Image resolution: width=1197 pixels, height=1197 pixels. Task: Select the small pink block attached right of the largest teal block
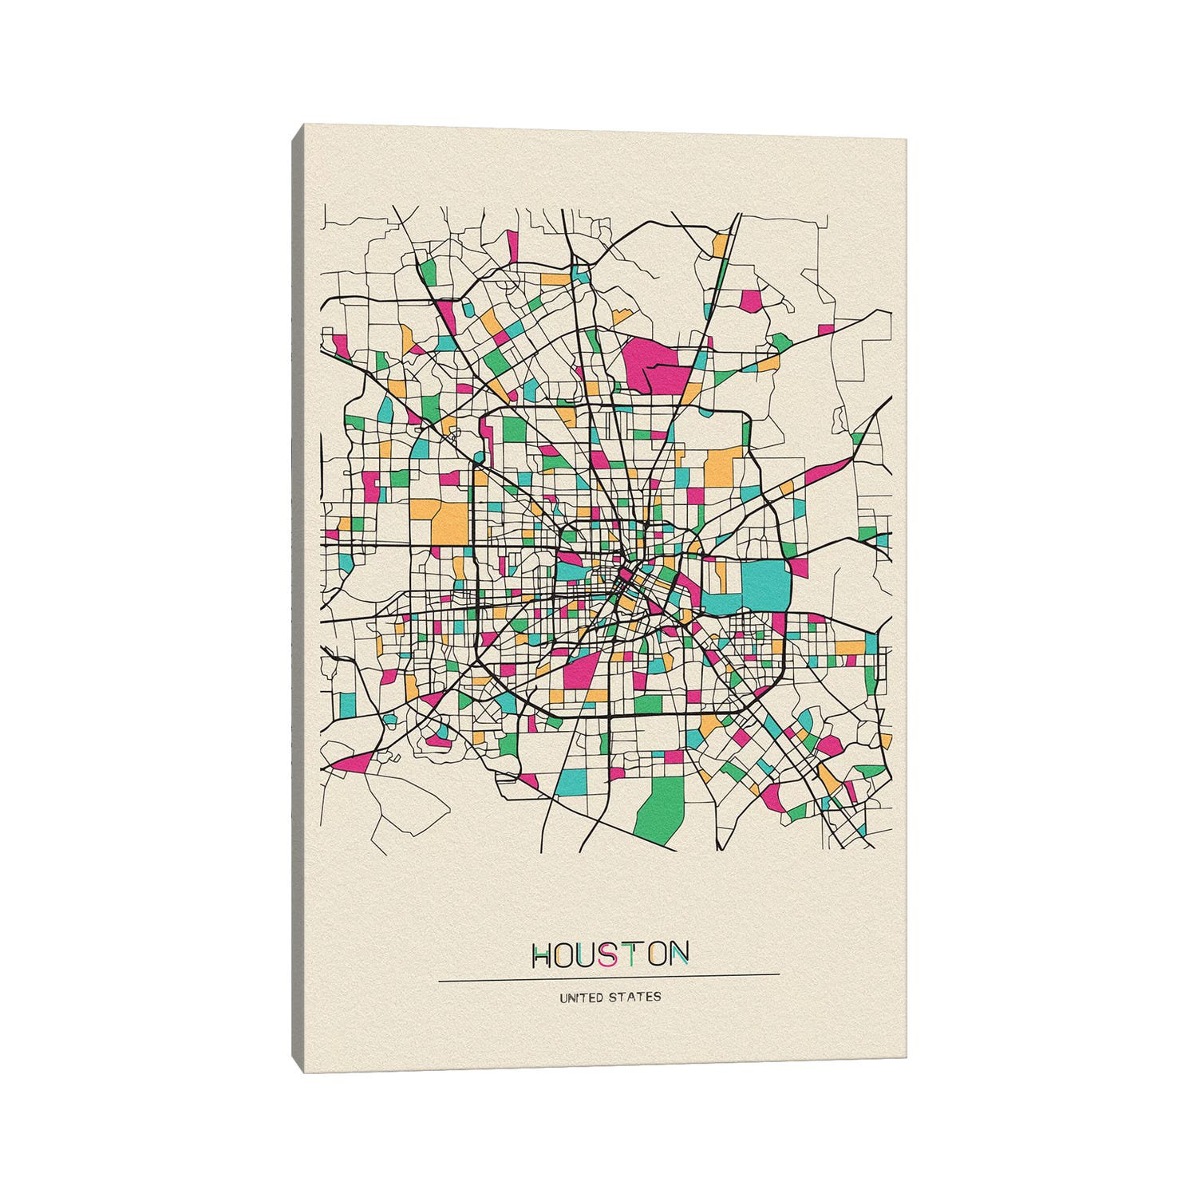pyautogui.click(x=798, y=568)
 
